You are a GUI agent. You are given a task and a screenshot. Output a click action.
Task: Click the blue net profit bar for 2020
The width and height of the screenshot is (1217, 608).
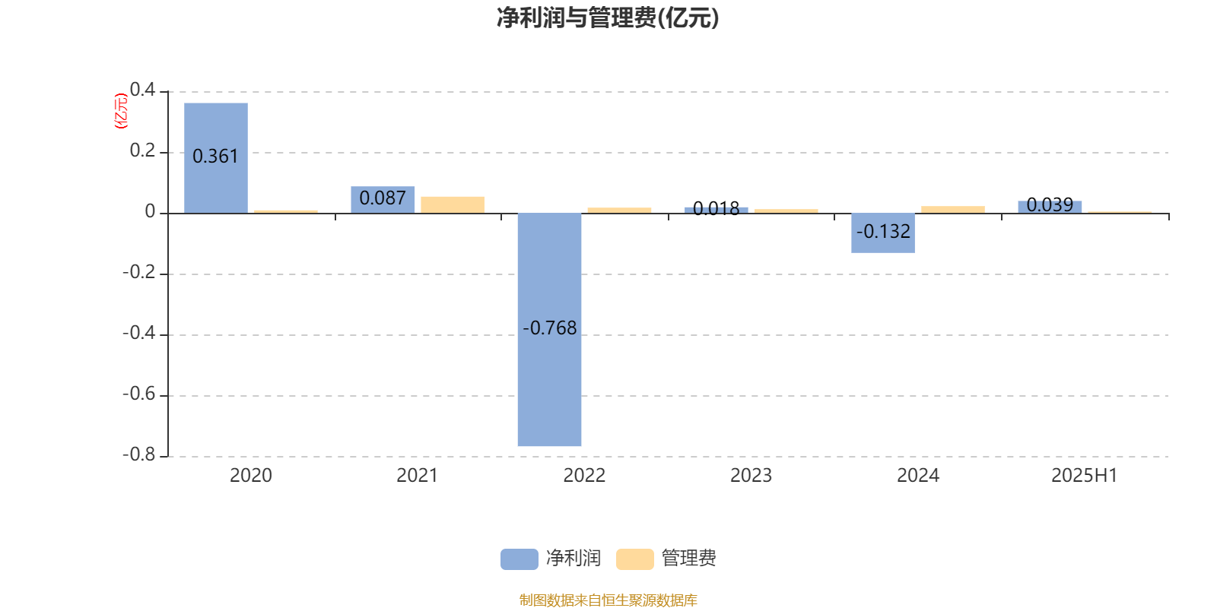(216, 158)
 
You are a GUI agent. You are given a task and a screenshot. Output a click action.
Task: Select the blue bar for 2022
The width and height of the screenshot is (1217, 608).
(549, 330)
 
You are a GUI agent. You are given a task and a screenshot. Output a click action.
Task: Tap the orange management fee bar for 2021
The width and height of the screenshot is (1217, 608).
(453, 204)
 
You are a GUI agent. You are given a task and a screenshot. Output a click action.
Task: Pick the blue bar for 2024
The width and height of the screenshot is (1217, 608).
(883, 233)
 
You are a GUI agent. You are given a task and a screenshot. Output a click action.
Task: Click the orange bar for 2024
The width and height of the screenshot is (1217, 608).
(953, 210)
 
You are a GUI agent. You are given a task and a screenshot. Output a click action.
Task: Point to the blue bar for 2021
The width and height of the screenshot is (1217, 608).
(383, 200)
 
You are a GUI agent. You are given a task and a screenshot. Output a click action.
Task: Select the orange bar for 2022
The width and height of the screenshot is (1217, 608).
(619, 210)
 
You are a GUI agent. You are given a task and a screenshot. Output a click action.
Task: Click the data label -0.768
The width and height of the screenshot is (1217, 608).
(549, 328)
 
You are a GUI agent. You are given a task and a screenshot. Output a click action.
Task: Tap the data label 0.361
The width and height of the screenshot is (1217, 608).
(216, 157)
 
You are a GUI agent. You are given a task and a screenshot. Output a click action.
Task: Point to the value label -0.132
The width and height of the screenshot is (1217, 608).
(883, 232)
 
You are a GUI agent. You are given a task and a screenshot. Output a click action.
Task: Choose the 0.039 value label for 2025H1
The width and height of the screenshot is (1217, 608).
(1050, 204)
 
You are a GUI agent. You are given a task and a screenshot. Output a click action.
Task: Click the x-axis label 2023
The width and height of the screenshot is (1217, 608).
(751, 476)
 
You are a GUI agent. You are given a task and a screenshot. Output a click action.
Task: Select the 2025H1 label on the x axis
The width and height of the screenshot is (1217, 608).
(1085, 476)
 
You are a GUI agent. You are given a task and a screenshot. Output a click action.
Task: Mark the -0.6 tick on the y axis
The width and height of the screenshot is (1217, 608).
(139, 394)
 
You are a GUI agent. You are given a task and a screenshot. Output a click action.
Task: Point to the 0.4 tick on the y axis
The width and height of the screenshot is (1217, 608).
(142, 90)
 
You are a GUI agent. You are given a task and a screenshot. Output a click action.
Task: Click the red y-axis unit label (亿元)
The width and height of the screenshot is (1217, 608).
(121, 111)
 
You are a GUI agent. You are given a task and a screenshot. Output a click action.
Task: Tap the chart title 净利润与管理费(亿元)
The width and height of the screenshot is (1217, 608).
(608, 18)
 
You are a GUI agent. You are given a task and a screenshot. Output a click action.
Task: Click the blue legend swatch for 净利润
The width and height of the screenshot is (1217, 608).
(520, 559)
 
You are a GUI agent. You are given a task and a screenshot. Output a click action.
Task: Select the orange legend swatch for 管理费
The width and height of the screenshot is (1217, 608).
(634, 559)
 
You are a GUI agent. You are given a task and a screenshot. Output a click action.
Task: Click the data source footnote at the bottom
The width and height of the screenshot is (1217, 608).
(608, 600)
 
